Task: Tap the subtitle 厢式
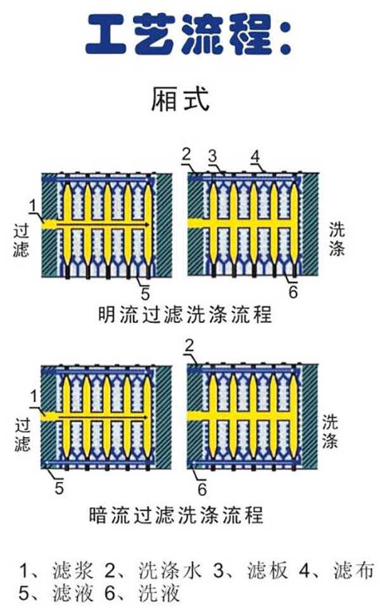tap(180, 99)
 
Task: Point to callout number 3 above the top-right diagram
tap(213, 155)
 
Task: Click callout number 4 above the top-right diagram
tap(255, 155)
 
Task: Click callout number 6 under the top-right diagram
tap(293, 293)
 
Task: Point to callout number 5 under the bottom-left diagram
tap(59, 488)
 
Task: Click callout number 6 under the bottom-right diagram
tap(202, 488)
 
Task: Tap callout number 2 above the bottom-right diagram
tap(188, 345)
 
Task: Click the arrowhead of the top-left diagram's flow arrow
tap(148, 225)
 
